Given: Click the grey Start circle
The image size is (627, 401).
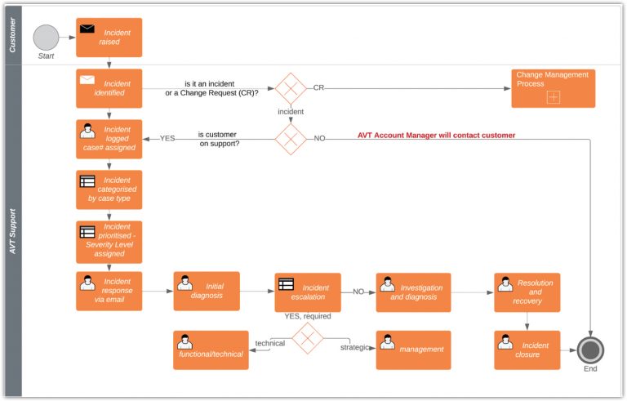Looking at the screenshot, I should tap(47, 38).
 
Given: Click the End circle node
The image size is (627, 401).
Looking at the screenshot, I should tap(589, 350).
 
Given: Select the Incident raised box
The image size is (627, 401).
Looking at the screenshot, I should tap(109, 38).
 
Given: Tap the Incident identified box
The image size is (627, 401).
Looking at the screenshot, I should tap(109, 88).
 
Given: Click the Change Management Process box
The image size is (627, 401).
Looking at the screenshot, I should tap(553, 88).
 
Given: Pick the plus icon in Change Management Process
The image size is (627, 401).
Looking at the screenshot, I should tap(553, 97).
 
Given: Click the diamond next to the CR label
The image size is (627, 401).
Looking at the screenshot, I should tap(290, 88).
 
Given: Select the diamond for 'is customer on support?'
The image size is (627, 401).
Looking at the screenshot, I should tap(290, 138).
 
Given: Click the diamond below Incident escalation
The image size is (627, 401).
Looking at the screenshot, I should tap(308, 337).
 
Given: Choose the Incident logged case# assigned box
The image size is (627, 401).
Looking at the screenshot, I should tap(109, 139).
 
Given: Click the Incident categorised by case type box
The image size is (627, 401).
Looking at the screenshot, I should tap(109, 189).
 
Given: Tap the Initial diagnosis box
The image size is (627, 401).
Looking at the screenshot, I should tap(207, 291).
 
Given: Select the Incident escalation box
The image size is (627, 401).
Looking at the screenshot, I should tap(308, 292).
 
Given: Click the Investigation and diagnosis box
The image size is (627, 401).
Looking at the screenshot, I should tap(413, 292).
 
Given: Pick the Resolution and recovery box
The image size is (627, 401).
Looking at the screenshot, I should tap(527, 292).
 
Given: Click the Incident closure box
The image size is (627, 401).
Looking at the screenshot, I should tap(527, 350).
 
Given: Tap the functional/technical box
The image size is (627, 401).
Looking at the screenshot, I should tap(211, 350).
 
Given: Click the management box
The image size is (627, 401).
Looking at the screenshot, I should tap(413, 350).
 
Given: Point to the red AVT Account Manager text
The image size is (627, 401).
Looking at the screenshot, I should tap(436, 136).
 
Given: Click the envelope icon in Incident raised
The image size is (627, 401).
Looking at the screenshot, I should tap(87, 29).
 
